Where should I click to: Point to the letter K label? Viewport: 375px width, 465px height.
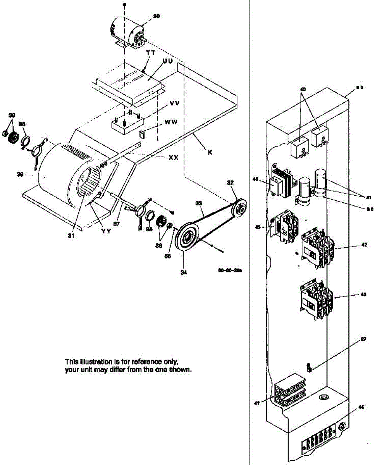coord(210,152)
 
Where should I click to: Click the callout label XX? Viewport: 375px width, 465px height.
coord(173,157)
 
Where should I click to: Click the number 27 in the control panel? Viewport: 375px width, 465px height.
coord(363,339)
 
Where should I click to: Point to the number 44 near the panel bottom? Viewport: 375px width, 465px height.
coord(361,407)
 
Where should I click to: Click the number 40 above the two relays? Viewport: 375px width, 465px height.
coord(303,89)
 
